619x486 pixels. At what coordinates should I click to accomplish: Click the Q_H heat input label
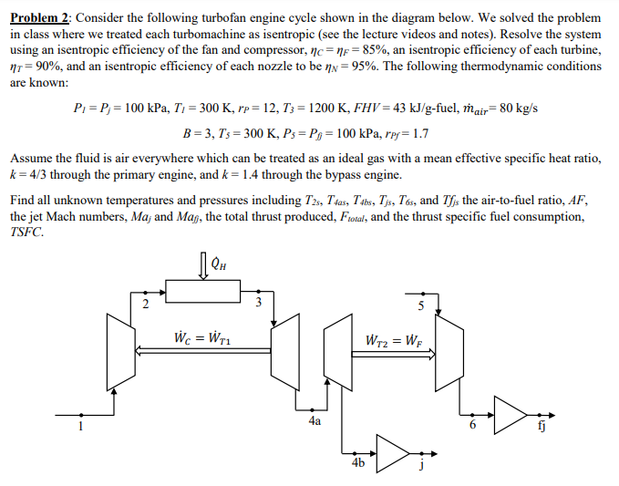(219, 265)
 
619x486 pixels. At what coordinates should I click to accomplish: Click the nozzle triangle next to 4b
(394, 451)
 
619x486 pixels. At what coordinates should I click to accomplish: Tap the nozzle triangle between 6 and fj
(509, 412)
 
